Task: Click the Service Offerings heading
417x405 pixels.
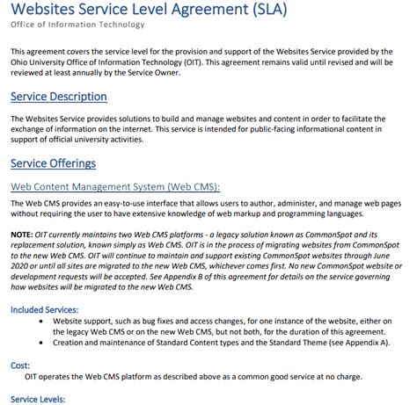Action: pos(64,164)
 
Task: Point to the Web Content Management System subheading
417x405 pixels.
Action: pos(115,187)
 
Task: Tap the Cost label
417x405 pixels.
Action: pos(20,364)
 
